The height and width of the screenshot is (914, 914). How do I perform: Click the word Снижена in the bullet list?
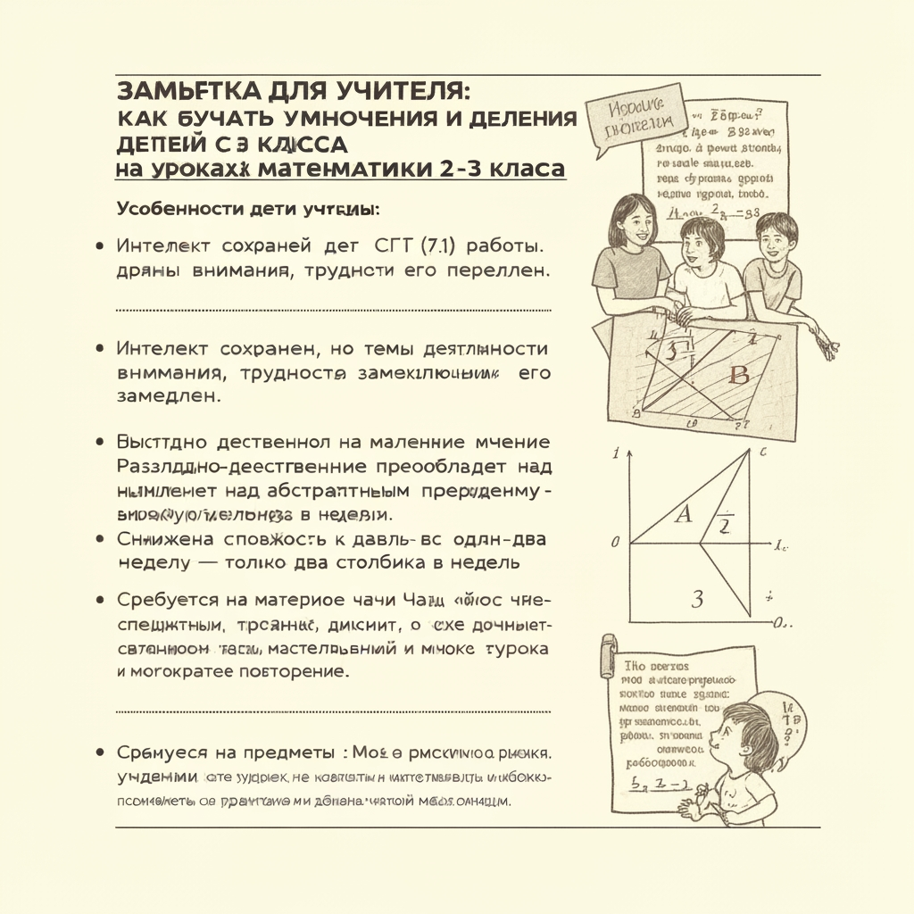[165, 539]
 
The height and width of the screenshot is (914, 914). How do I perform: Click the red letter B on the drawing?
[739, 375]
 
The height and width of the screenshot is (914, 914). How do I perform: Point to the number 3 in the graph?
[696, 598]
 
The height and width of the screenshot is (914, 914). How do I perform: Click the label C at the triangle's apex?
[764, 453]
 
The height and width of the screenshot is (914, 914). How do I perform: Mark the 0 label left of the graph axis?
[615, 542]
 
